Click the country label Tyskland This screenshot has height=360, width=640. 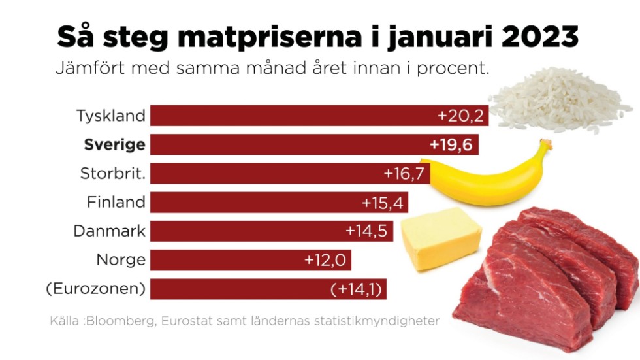pyautogui.click(x=110, y=116)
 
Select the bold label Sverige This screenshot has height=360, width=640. pyautogui.click(x=114, y=144)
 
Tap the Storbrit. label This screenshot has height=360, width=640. pyautogui.click(x=112, y=174)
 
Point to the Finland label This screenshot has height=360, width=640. pyautogui.click(x=116, y=203)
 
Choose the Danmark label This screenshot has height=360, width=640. pyautogui.click(x=109, y=231)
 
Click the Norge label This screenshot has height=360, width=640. pyautogui.click(x=121, y=260)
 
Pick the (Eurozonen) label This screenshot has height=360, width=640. pyautogui.click(x=95, y=289)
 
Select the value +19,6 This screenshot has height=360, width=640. pyautogui.click(x=451, y=144)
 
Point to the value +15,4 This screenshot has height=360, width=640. pyautogui.click(x=384, y=203)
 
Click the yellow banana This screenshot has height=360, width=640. pyautogui.click(x=490, y=176)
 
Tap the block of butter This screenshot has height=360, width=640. pyautogui.click(x=440, y=238)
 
